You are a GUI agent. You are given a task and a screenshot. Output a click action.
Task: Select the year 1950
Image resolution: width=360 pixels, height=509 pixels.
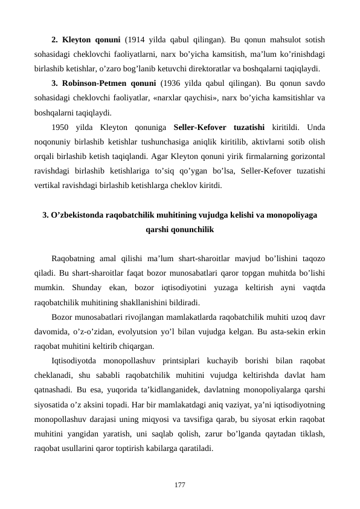pyautogui.click(x=62, y=128)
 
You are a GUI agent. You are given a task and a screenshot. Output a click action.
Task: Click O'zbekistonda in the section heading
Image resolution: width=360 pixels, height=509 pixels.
pyautogui.click(x=78, y=215)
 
